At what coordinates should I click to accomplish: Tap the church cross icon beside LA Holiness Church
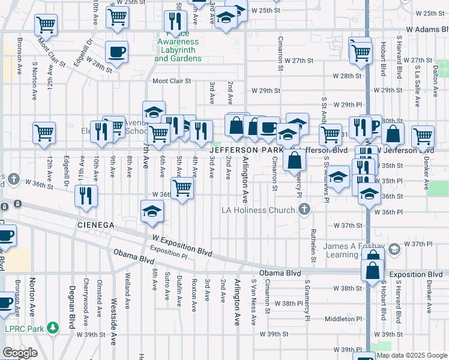pyautogui.click(x=305, y=209)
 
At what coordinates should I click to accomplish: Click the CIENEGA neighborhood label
pyautogui.click(x=95, y=224)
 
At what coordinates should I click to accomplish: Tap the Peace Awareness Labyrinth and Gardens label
pyautogui.click(x=179, y=50)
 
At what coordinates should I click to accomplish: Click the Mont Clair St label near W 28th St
pyautogui.click(x=172, y=81)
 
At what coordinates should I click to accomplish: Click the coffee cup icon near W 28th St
pyautogui.click(x=116, y=52)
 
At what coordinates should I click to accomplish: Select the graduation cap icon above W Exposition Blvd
pyautogui.click(x=152, y=211)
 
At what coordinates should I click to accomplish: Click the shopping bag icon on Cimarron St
pyautogui.click(x=294, y=160)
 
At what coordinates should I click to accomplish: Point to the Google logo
pyautogui.click(x=20, y=353)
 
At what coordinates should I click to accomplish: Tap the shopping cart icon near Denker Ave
pyautogui.click(x=423, y=136)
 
